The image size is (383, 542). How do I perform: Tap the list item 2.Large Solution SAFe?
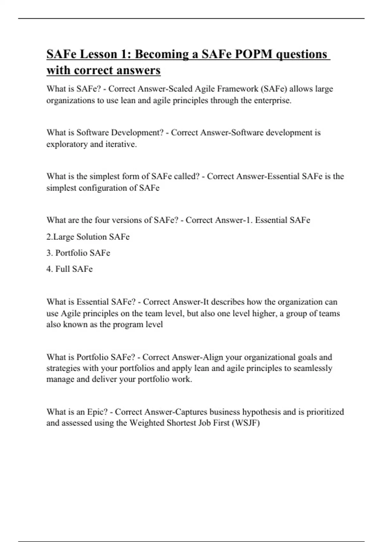[88, 237]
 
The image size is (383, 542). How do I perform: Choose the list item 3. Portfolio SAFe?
[78, 253]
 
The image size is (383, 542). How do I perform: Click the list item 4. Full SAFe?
[69, 269]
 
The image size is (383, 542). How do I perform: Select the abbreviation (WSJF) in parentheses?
[246, 423]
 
